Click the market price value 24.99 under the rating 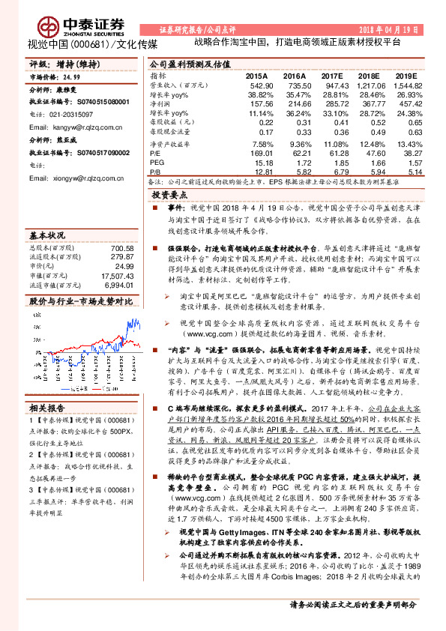71,76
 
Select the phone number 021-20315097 73,115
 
